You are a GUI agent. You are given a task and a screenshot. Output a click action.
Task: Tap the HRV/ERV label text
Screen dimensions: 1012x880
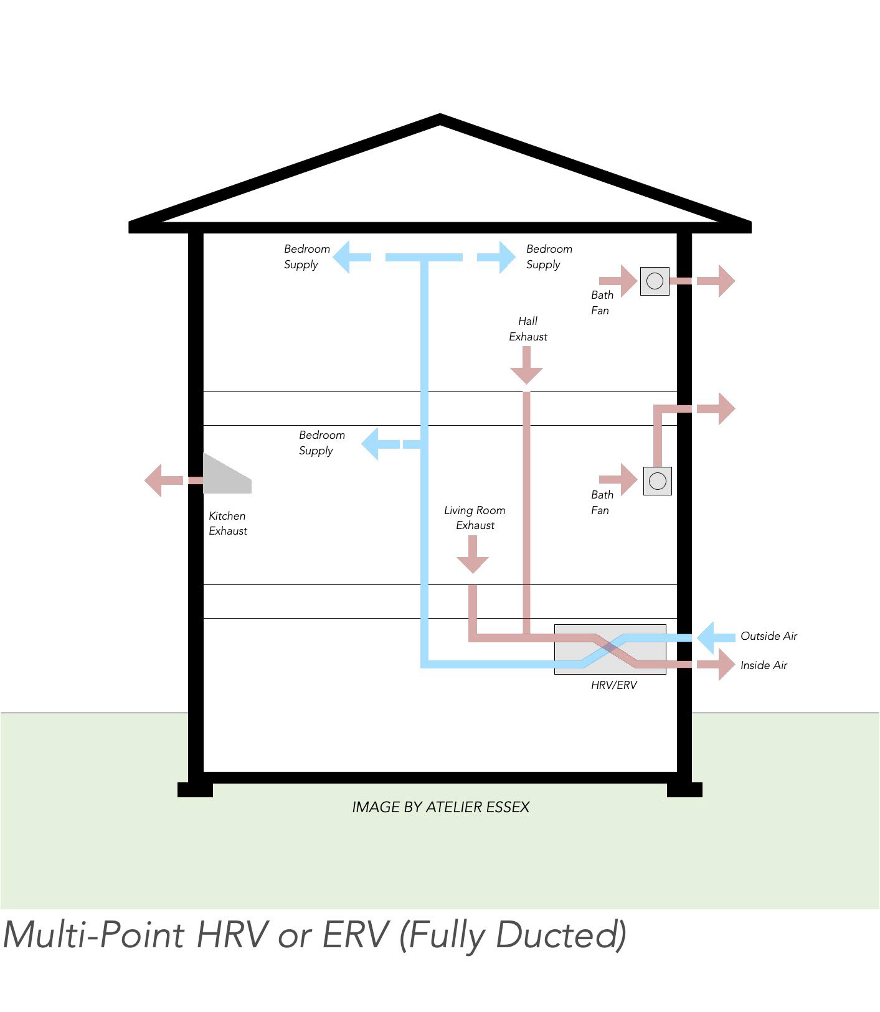(613, 685)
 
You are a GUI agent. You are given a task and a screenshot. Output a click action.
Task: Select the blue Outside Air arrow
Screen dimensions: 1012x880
(715, 637)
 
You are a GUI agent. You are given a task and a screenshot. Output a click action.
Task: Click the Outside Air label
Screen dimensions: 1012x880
(769, 636)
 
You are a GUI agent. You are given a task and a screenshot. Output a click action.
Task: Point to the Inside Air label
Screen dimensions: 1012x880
(764, 665)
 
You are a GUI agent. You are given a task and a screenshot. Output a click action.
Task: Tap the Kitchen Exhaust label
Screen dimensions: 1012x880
(227, 523)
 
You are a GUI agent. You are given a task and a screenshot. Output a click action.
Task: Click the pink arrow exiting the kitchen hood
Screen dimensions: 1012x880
(163, 480)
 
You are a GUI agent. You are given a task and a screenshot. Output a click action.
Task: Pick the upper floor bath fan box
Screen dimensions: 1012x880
(655, 281)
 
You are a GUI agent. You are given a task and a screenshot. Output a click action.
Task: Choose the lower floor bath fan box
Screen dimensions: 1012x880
(657, 481)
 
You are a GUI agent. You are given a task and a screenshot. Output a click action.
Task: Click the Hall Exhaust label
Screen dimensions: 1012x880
(528, 329)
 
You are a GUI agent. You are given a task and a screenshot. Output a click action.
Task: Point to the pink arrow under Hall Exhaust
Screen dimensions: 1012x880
(526, 366)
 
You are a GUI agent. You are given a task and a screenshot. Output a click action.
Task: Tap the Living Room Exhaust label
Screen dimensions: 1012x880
(475, 518)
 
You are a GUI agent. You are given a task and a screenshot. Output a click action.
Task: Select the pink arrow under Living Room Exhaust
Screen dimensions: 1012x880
(473, 555)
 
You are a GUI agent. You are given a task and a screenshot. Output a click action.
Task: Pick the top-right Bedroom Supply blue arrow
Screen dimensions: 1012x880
(498, 257)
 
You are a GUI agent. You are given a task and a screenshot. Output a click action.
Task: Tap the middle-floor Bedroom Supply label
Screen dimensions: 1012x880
(321, 443)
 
